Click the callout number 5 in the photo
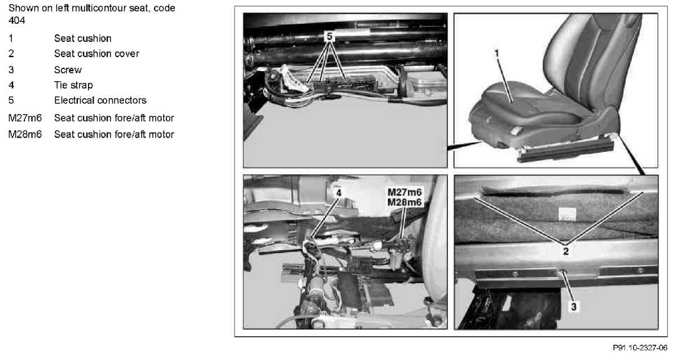click(x=329, y=37)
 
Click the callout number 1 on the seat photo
click(x=496, y=54)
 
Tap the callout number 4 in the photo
click(x=339, y=193)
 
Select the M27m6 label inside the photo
click(x=405, y=192)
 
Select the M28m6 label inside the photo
click(x=405, y=202)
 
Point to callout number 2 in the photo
click(x=566, y=251)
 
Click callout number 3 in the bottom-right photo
click(x=574, y=307)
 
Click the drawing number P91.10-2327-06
click(x=640, y=348)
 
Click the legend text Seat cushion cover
click(x=96, y=54)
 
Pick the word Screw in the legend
click(x=68, y=70)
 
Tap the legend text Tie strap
click(x=73, y=85)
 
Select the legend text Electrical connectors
click(x=100, y=100)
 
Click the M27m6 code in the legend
click(x=25, y=118)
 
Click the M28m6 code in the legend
click(x=25, y=134)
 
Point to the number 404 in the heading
click(x=17, y=20)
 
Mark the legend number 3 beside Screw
click(x=11, y=70)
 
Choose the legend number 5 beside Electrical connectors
click(x=11, y=100)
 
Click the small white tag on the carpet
click(x=567, y=214)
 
